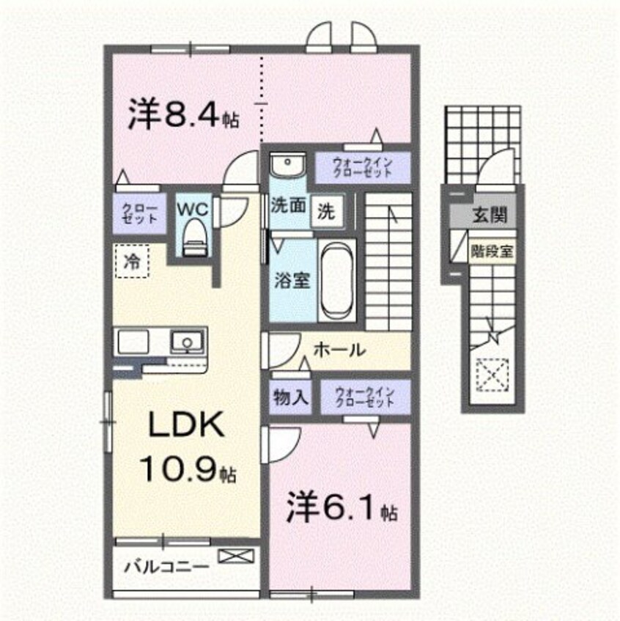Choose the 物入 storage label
tap(290, 398)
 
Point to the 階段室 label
tap(492, 249)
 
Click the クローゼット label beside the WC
tap(139, 213)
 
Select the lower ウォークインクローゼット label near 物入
tap(364, 398)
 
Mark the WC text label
tap(193, 208)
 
